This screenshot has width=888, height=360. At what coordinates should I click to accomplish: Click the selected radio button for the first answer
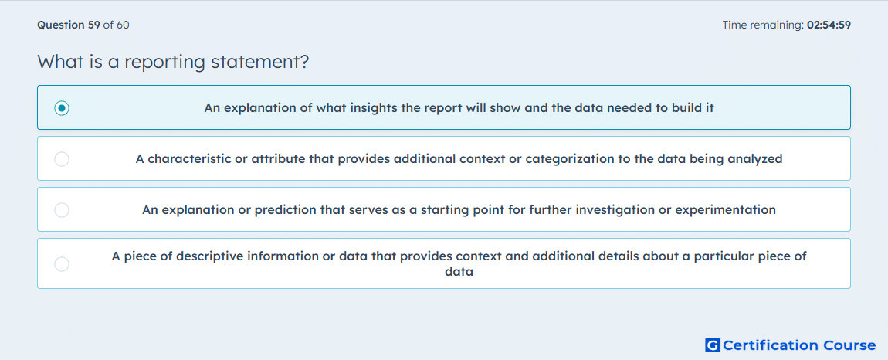(x=62, y=107)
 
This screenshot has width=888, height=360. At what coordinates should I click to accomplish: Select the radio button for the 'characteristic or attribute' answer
(x=62, y=159)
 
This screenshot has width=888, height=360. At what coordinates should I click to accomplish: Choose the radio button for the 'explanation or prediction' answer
(x=62, y=210)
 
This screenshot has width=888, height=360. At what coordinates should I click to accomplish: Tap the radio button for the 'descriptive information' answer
(x=62, y=264)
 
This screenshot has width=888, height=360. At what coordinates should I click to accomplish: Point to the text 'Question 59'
(x=69, y=25)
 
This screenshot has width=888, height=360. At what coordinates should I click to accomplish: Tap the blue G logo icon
(x=713, y=345)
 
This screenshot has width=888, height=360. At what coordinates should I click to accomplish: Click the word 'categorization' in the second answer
(x=566, y=159)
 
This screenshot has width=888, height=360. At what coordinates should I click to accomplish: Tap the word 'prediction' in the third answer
(x=282, y=210)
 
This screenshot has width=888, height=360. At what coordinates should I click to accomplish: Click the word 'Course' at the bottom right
(x=849, y=345)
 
